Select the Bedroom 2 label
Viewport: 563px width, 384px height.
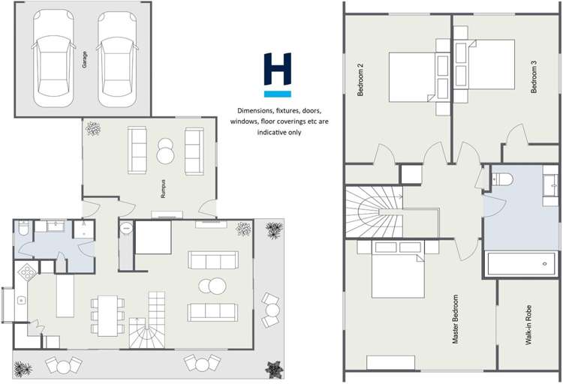[360, 79]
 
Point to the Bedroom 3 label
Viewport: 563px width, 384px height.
[534, 80]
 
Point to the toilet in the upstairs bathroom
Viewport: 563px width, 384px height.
[501, 177]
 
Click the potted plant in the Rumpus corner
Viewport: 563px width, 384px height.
[93, 129]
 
